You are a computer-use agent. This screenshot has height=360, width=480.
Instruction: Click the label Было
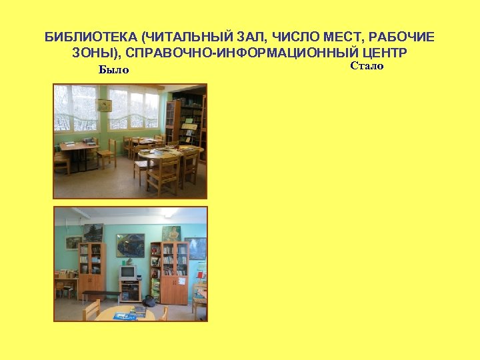(x=113, y=70)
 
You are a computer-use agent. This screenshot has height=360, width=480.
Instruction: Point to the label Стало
(x=367, y=66)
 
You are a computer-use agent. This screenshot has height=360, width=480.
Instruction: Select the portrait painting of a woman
(x=171, y=233)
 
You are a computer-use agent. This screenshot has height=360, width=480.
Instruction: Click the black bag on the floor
(x=150, y=301)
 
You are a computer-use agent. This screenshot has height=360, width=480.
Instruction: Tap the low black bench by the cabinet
(x=101, y=294)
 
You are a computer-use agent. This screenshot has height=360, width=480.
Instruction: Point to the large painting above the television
(x=130, y=244)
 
